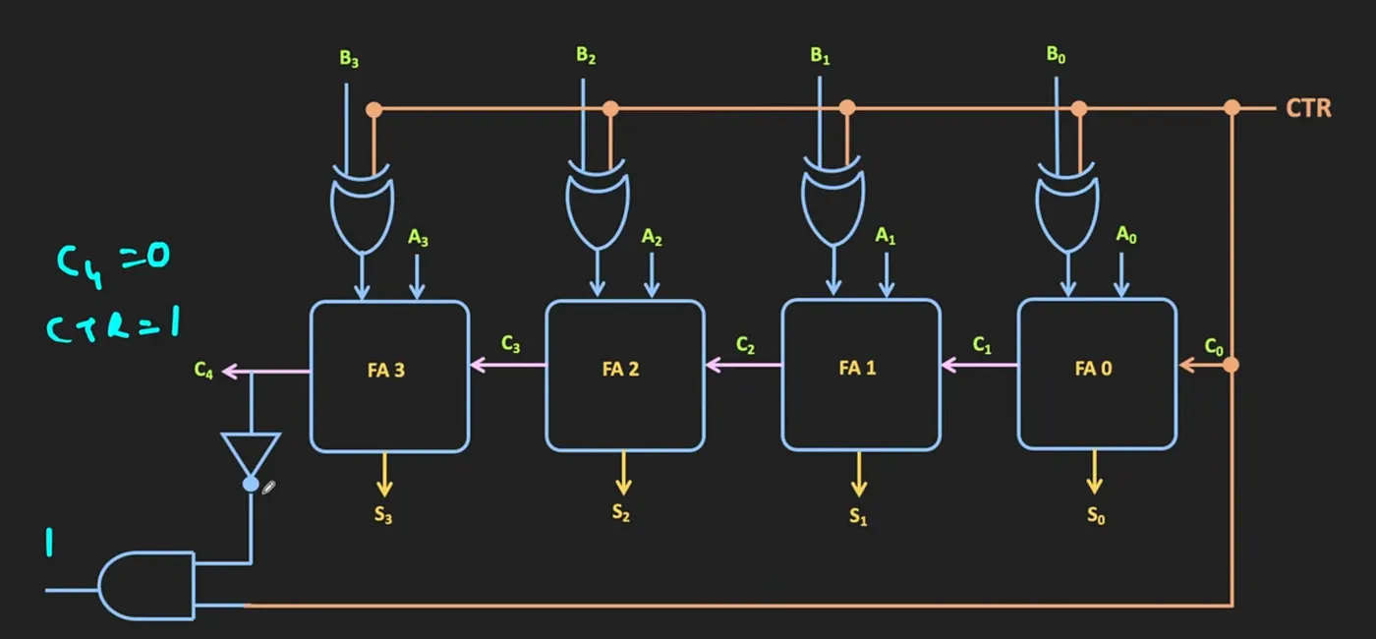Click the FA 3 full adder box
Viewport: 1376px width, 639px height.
coord(389,376)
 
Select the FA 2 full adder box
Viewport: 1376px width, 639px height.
coord(625,376)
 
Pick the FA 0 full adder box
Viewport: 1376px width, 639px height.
coord(1097,376)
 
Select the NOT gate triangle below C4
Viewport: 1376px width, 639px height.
coord(251,454)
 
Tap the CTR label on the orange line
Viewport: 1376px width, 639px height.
coord(1309,108)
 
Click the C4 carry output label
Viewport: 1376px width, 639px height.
coord(203,371)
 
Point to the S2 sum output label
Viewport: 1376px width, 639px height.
coord(621,512)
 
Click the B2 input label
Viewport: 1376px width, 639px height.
coord(587,55)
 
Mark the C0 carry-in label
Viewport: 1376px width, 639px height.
coord(1215,346)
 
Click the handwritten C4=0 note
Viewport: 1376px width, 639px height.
coord(114,261)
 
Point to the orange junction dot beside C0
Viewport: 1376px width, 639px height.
coord(1231,366)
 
